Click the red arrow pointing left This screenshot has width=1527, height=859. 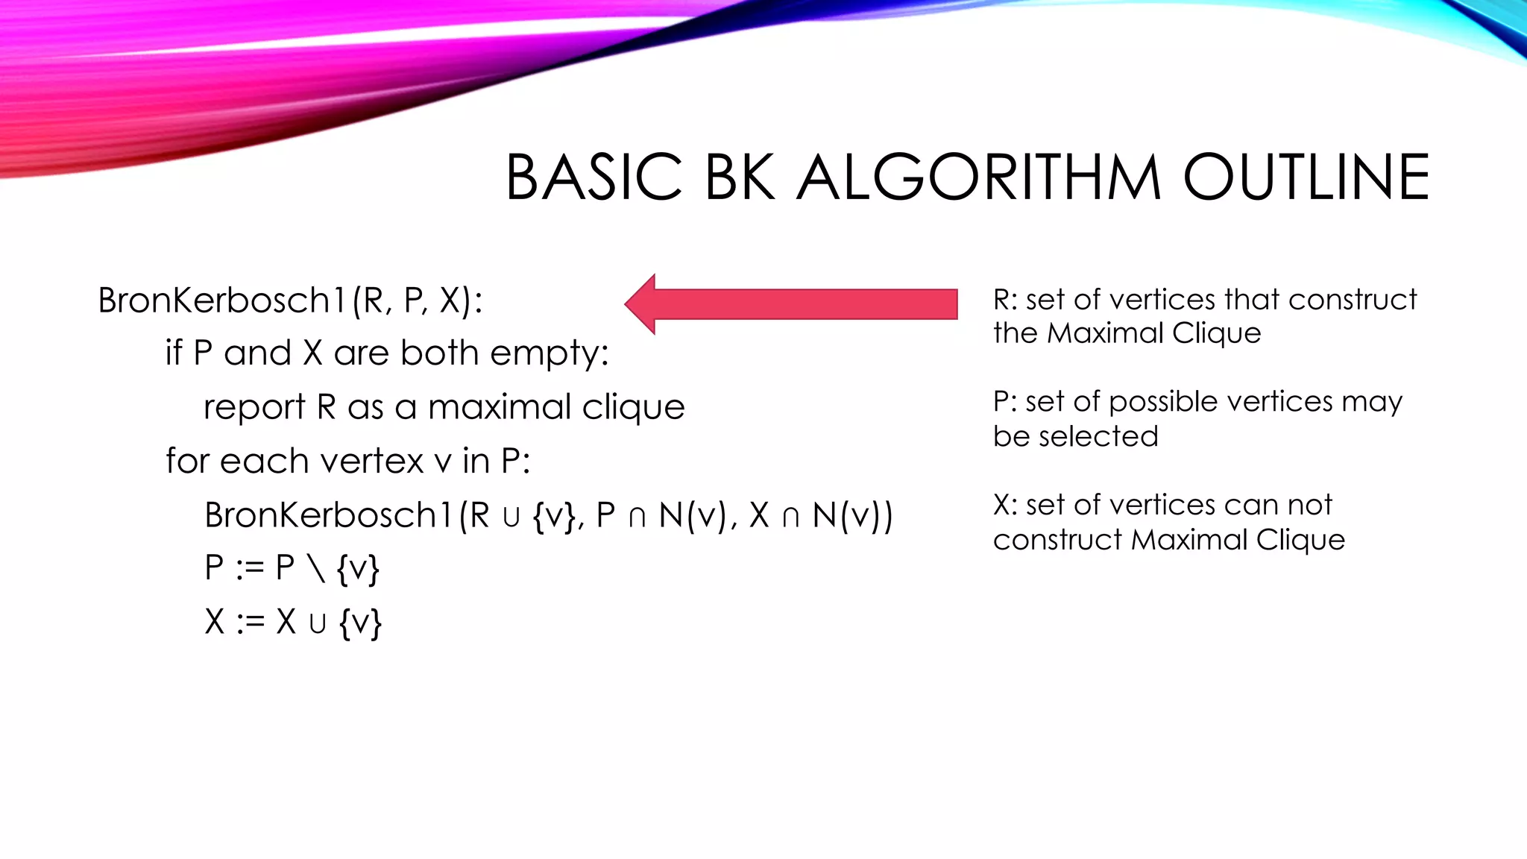790,304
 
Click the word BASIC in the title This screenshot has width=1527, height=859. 594,177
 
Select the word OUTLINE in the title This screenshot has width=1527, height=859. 1306,177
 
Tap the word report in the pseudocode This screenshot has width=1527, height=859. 254,407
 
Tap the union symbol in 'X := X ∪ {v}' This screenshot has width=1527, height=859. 318,623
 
